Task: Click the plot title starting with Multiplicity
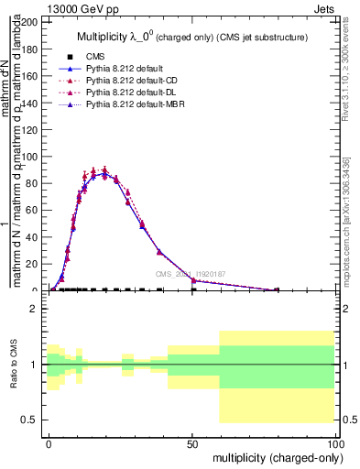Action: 190,37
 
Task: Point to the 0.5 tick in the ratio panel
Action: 29,420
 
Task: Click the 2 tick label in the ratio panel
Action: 34,309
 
